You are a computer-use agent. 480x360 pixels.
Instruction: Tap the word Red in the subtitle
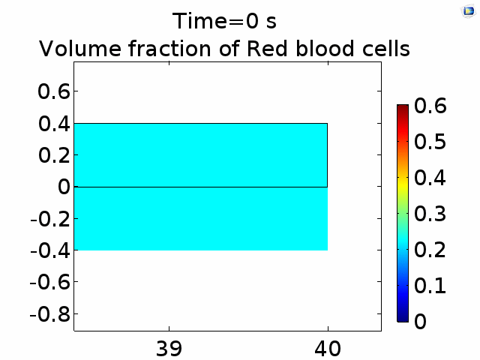(267, 49)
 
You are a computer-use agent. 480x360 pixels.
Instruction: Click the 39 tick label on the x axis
(169, 349)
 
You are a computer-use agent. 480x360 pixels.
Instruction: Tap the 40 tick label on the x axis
(328, 349)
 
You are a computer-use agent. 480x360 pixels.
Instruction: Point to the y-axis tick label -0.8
(50, 314)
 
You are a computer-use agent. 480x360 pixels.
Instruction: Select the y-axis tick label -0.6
(50, 282)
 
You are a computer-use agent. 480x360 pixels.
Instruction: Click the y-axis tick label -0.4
(50, 250)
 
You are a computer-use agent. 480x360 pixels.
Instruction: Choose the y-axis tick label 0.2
(54, 155)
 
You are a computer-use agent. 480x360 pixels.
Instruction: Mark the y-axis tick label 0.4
(54, 124)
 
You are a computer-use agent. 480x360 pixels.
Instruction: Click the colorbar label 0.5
(430, 142)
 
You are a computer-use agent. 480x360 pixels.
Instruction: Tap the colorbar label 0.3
(430, 213)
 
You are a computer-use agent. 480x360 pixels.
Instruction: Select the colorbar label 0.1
(430, 285)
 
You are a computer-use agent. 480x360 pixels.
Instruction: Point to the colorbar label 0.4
(430, 178)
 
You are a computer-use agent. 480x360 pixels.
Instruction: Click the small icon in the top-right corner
(469, 12)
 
